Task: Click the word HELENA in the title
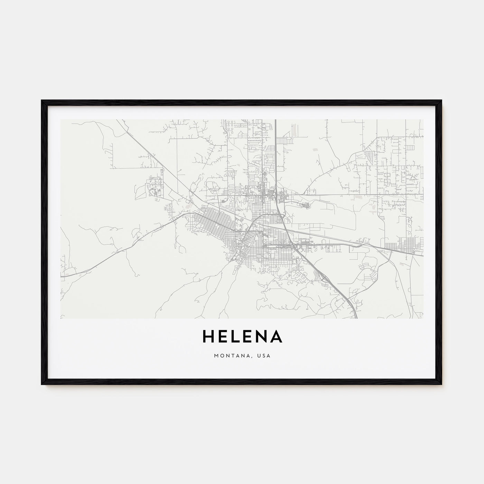tap(242, 337)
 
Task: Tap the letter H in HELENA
tap(208, 337)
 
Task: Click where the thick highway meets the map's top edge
tap(276, 120)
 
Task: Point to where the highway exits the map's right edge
tap(422, 255)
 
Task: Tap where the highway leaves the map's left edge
tap(61, 277)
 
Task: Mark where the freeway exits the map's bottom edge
tap(356, 317)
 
